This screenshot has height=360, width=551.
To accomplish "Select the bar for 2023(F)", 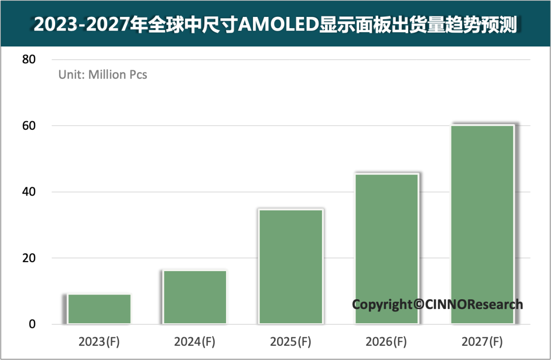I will click(x=99, y=308).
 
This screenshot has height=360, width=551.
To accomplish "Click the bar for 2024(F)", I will click(x=195, y=297).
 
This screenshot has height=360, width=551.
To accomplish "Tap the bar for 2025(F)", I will click(x=291, y=266).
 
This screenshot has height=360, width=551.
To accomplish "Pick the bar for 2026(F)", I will click(x=386, y=249).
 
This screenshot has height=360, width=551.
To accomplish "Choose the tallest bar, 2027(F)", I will click(x=482, y=224).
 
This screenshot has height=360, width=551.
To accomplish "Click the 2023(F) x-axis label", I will click(x=99, y=342).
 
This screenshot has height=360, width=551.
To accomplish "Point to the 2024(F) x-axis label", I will click(x=194, y=342).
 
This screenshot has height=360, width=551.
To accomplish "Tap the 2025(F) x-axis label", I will click(x=290, y=342).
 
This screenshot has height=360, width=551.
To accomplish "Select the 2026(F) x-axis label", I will click(x=386, y=342).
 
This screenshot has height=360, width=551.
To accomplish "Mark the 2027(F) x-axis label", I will click(x=482, y=342).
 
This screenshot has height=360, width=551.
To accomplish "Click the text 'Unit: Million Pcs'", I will click(x=103, y=75).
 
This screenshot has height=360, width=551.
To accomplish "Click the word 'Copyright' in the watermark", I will click(x=382, y=305).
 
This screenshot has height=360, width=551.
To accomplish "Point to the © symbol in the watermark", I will click(x=418, y=305).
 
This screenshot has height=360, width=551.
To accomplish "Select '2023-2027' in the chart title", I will click(x=81, y=24).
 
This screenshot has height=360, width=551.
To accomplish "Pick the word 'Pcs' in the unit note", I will click(x=138, y=75).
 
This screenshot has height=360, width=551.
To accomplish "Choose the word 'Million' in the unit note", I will click(x=107, y=75).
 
